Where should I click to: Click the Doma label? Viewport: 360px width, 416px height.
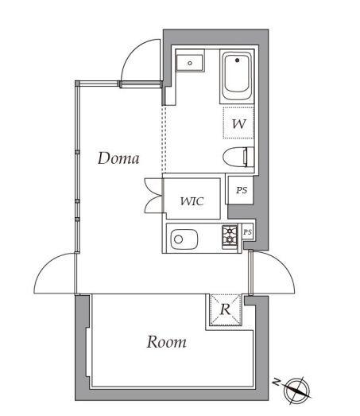[118, 158]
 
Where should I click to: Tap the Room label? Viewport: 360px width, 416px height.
[166, 342]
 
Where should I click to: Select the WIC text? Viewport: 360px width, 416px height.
[192, 201]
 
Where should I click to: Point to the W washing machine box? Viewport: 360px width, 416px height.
[238, 125]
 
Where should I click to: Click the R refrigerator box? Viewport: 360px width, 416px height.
[225, 310]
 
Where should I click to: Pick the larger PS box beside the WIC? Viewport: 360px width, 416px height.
[240, 192]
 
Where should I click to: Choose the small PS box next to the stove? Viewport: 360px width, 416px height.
[247, 231]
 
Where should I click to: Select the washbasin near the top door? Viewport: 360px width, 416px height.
[191, 62]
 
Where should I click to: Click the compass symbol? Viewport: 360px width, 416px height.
[299, 389]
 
